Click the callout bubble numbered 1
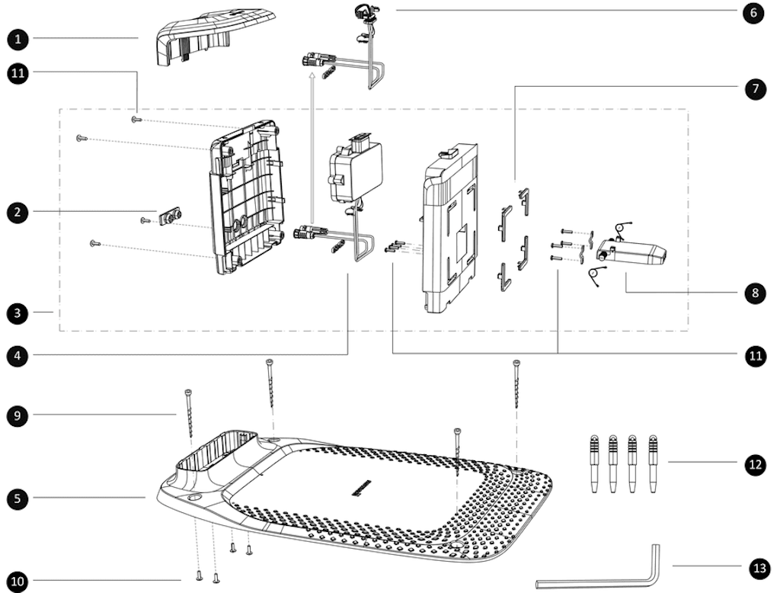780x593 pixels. pyautogui.click(x=16, y=37)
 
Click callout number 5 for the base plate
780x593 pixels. pyautogui.click(x=16, y=498)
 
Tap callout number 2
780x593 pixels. pyautogui.click(x=16, y=213)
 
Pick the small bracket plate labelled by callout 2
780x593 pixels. pyautogui.click(x=170, y=217)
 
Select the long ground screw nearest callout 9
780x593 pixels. pyautogui.click(x=188, y=415)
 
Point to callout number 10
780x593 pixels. pyautogui.click(x=16, y=582)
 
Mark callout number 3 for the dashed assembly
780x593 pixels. pyautogui.click(x=16, y=312)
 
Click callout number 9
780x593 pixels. pyautogui.click(x=16, y=415)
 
